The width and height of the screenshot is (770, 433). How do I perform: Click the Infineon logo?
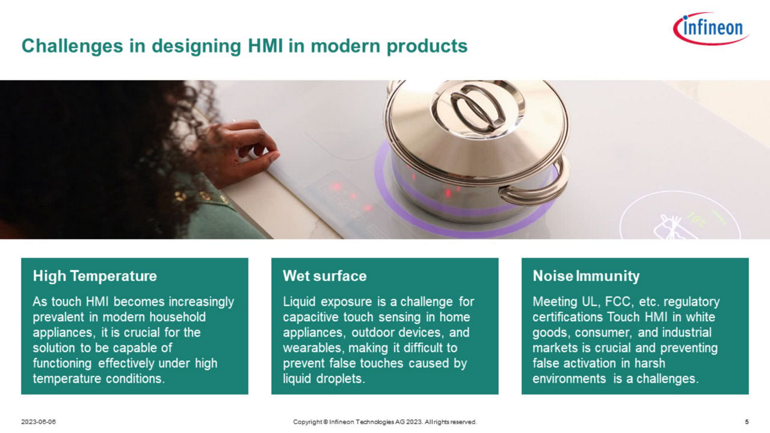point(711,28)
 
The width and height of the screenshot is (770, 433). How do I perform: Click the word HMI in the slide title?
point(265,46)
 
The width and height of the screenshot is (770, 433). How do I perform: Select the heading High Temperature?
point(95,276)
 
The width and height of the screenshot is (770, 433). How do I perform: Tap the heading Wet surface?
point(325,276)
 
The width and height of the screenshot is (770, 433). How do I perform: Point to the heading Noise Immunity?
point(586,276)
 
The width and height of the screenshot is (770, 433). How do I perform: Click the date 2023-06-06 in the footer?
point(38,422)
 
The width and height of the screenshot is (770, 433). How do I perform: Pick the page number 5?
point(747,422)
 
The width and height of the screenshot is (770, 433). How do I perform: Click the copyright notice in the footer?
point(385,422)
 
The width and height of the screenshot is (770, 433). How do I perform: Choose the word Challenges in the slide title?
point(72,46)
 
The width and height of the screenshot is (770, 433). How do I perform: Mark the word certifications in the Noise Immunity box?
point(567,317)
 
